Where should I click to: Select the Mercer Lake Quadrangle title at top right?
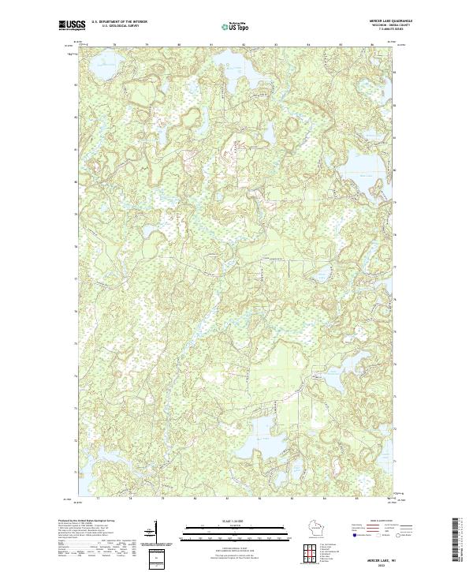pyautogui.click(x=393, y=21)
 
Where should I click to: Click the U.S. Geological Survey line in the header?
pyautogui.click(x=115, y=26)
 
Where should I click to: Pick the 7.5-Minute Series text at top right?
pyautogui.click(x=393, y=30)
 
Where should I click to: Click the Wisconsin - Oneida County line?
pyautogui.click(x=393, y=25)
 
